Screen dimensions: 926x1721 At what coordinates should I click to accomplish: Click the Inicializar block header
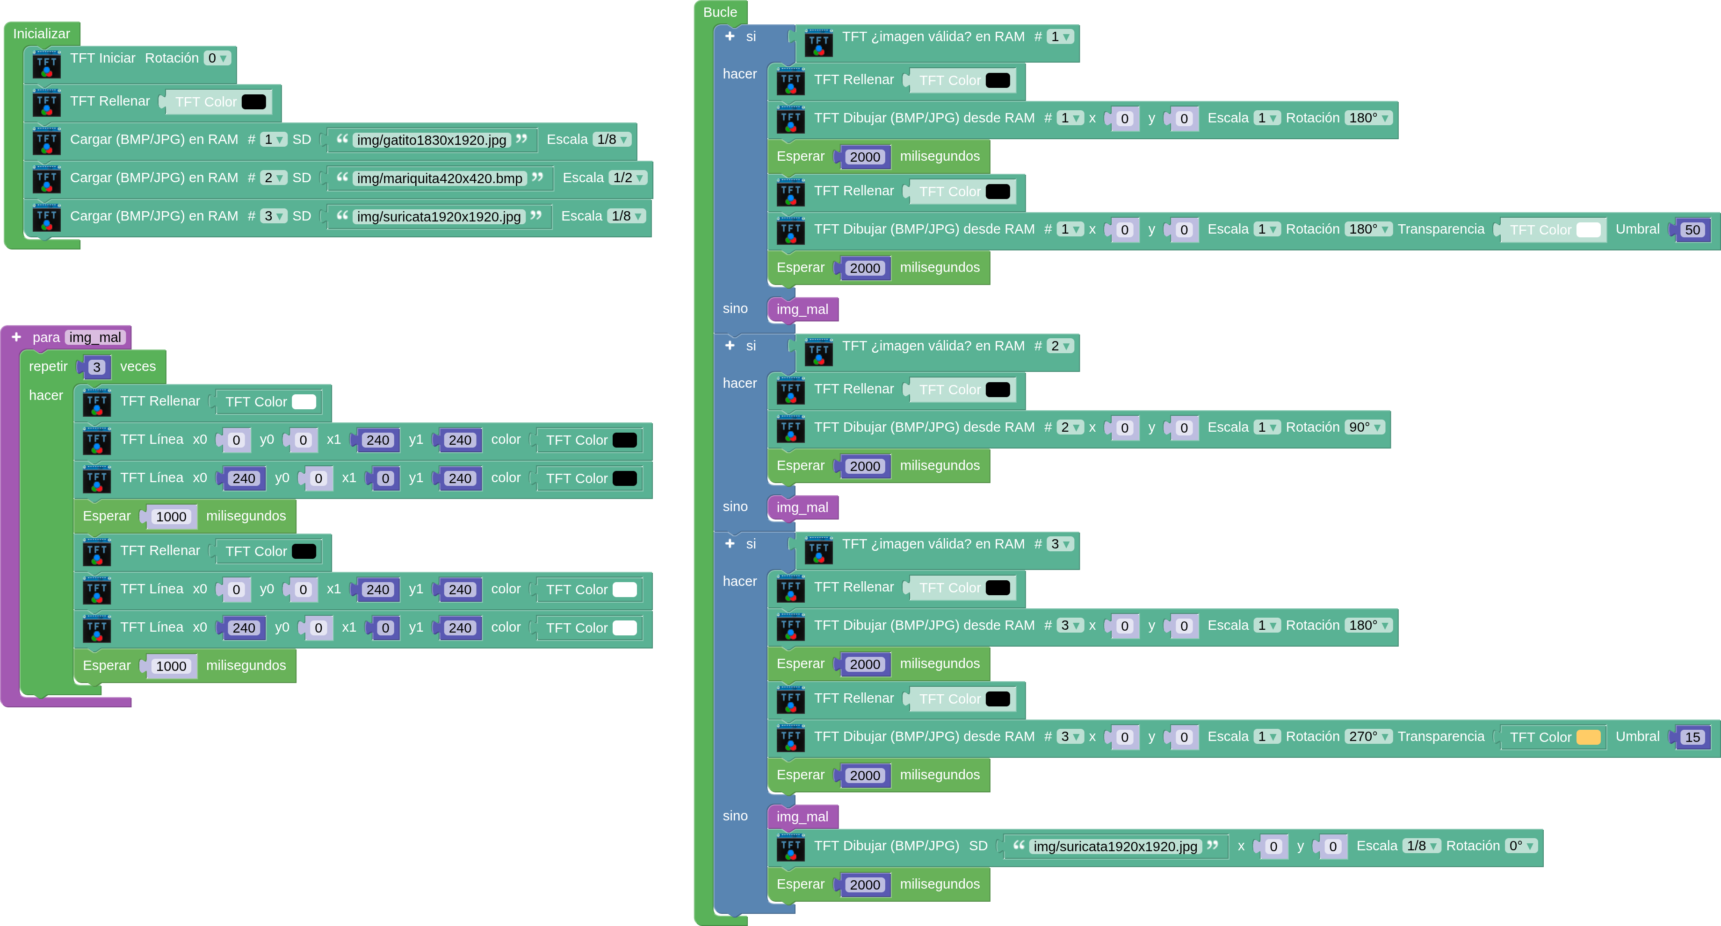pyautogui.click(x=42, y=33)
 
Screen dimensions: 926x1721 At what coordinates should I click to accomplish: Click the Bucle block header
pyautogui.click(x=720, y=12)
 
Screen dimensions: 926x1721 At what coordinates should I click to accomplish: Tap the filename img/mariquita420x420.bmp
pyautogui.click(x=440, y=178)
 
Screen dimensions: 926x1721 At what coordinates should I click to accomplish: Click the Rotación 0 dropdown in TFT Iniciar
pyautogui.click(x=217, y=58)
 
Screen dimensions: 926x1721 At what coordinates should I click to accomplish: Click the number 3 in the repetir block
pyautogui.click(x=97, y=367)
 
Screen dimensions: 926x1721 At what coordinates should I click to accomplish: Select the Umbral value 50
pyautogui.click(x=1692, y=230)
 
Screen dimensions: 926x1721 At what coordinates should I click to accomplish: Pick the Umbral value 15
pyautogui.click(x=1692, y=738)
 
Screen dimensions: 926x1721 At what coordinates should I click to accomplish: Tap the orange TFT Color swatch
pyautogui.click(x=1588, y=738)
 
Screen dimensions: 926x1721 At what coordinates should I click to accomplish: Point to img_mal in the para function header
pyautogui.click(x=95, y=338)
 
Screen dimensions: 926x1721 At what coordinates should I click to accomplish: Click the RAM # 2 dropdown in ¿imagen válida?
pyautogui.click(x=1060, y=346)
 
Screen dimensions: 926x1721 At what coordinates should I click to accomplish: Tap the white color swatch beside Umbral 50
pyautogui.click(x=1588, y=230)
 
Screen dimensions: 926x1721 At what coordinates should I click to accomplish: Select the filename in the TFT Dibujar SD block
pyautogui.click(x=1115, y=847)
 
